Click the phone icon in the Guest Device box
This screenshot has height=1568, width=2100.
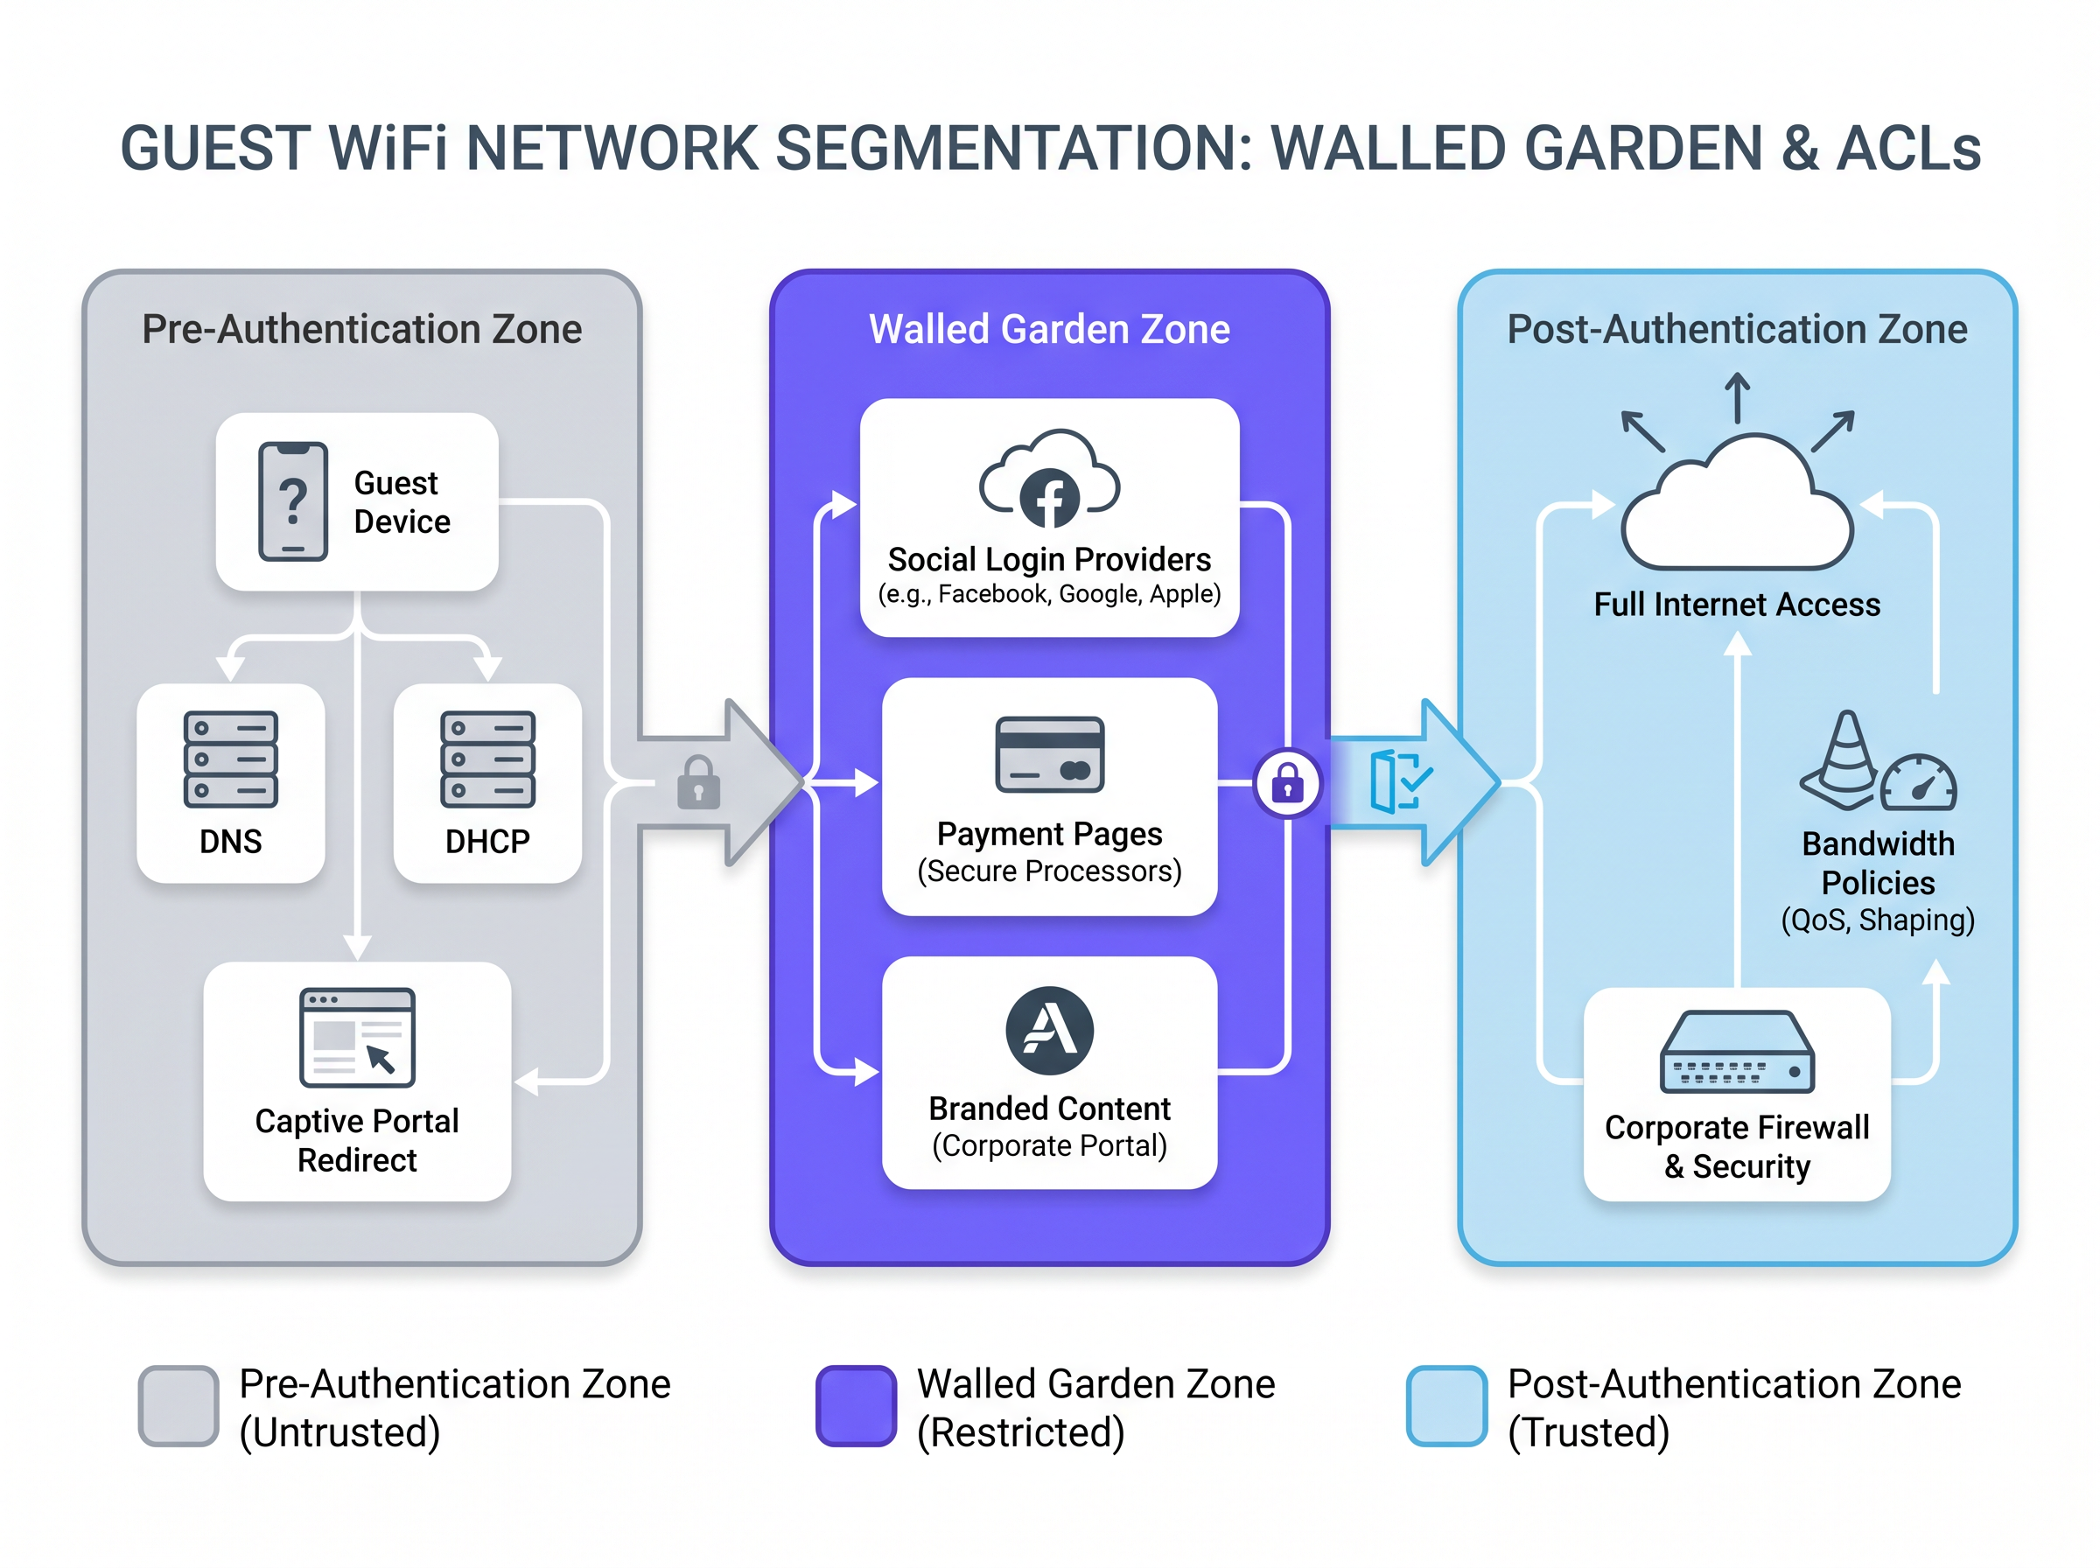[x=292, y=501]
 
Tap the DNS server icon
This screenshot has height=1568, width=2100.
[x=231, y=759]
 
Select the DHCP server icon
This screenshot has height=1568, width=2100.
[x=486, y=759]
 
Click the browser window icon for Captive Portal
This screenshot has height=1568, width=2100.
[x=357, y=1037]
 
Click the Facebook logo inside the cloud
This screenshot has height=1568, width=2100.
[x=1049, y=497]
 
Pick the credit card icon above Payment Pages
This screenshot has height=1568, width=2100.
[x=1049, y=753]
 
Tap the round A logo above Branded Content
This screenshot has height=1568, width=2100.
[x=1049, y=1030]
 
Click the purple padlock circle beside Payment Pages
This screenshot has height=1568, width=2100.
[x=1287, y=784]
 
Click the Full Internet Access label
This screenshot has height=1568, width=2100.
[x=1737, y=605]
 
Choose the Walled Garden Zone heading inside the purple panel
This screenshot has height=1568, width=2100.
[x=1049, y=329]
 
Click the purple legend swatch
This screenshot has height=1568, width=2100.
[x=856, y=1406]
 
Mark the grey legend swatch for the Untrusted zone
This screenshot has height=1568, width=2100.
[x=178, y=1406]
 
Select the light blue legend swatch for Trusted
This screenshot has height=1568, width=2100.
[x=1446, y=1406]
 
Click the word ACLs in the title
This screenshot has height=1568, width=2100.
[x=1908, y=149]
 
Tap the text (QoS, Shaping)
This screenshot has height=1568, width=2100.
[x=1877, y=920]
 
